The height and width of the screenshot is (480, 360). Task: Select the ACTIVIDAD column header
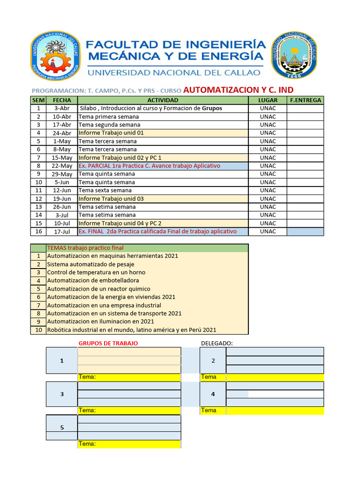[163, 100]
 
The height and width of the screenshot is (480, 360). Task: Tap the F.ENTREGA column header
[305, 100]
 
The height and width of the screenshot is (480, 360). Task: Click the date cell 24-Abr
[62, 133]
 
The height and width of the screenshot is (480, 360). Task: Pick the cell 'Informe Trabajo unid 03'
[163, 199]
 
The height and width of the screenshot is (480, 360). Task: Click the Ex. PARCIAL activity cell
[163, 166]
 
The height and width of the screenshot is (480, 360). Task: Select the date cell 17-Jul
[62, 232]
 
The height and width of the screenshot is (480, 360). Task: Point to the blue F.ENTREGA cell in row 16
[305, 232]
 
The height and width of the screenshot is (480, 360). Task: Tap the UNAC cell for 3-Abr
[268, 108]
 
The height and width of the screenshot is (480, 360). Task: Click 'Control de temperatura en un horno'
[96, 272]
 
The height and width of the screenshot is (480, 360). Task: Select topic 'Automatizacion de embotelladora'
[93, 280]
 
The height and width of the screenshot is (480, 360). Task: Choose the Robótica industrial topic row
[132, 330]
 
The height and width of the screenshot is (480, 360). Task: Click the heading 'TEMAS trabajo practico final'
[85, 248]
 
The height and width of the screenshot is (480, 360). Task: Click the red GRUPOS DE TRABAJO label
[108, 344]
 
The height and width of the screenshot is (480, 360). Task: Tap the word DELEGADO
[217, 344]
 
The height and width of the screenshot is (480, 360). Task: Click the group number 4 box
[212, 394]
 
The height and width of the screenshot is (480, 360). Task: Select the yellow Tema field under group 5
[129, 444]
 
